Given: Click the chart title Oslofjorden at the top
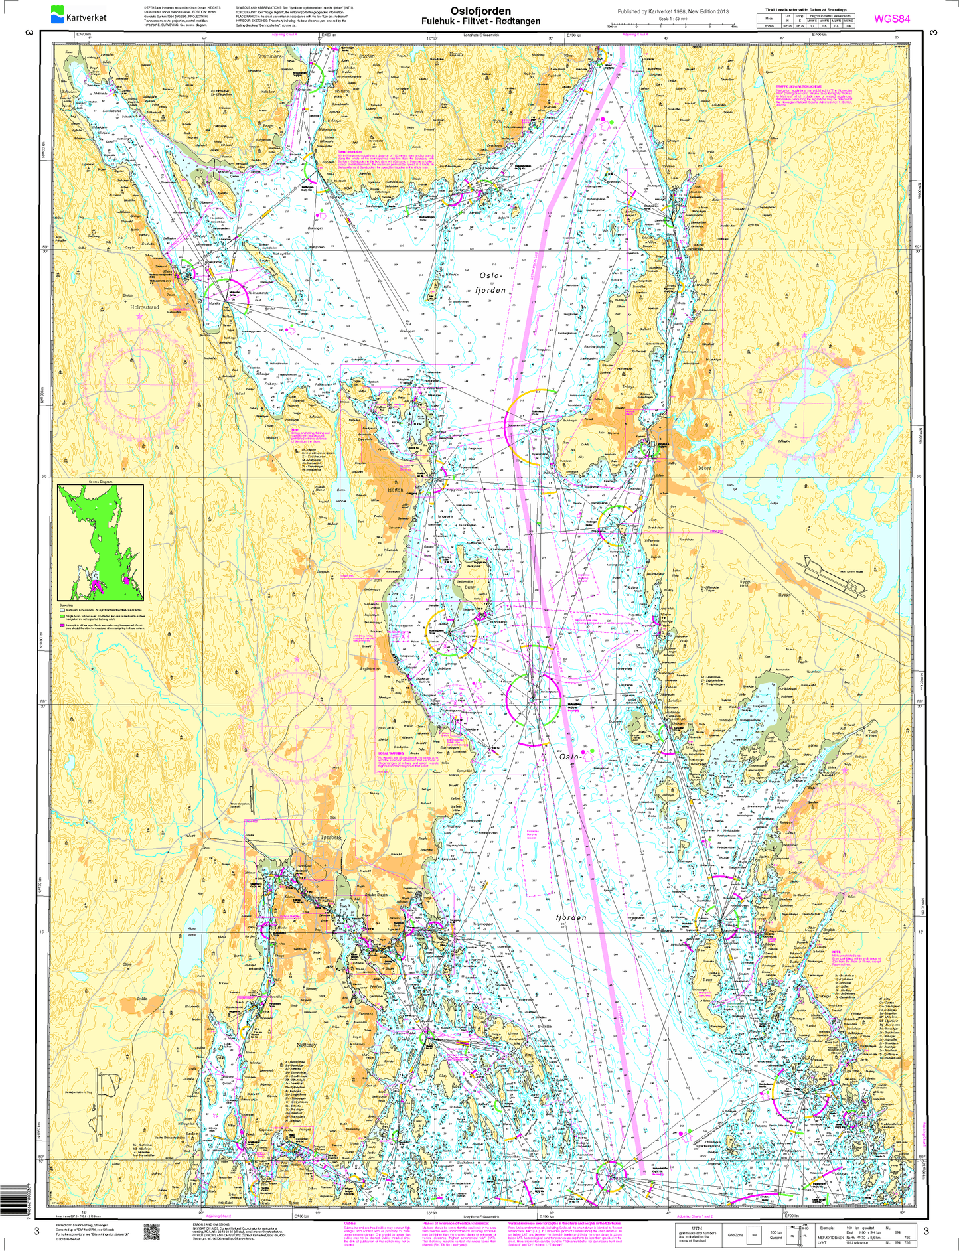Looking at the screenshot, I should (480, 11).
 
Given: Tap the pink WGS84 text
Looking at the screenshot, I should (891, 19).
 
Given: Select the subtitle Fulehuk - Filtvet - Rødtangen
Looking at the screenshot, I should (480, 21).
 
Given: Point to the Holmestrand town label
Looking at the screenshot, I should (145, 308).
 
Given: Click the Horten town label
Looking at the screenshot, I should (395, 490).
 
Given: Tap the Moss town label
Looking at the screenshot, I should (704, 467).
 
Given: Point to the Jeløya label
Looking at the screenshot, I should (628, 386).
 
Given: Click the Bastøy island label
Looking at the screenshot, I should (470, 587).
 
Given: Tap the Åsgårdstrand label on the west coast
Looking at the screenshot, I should (370, 669).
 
